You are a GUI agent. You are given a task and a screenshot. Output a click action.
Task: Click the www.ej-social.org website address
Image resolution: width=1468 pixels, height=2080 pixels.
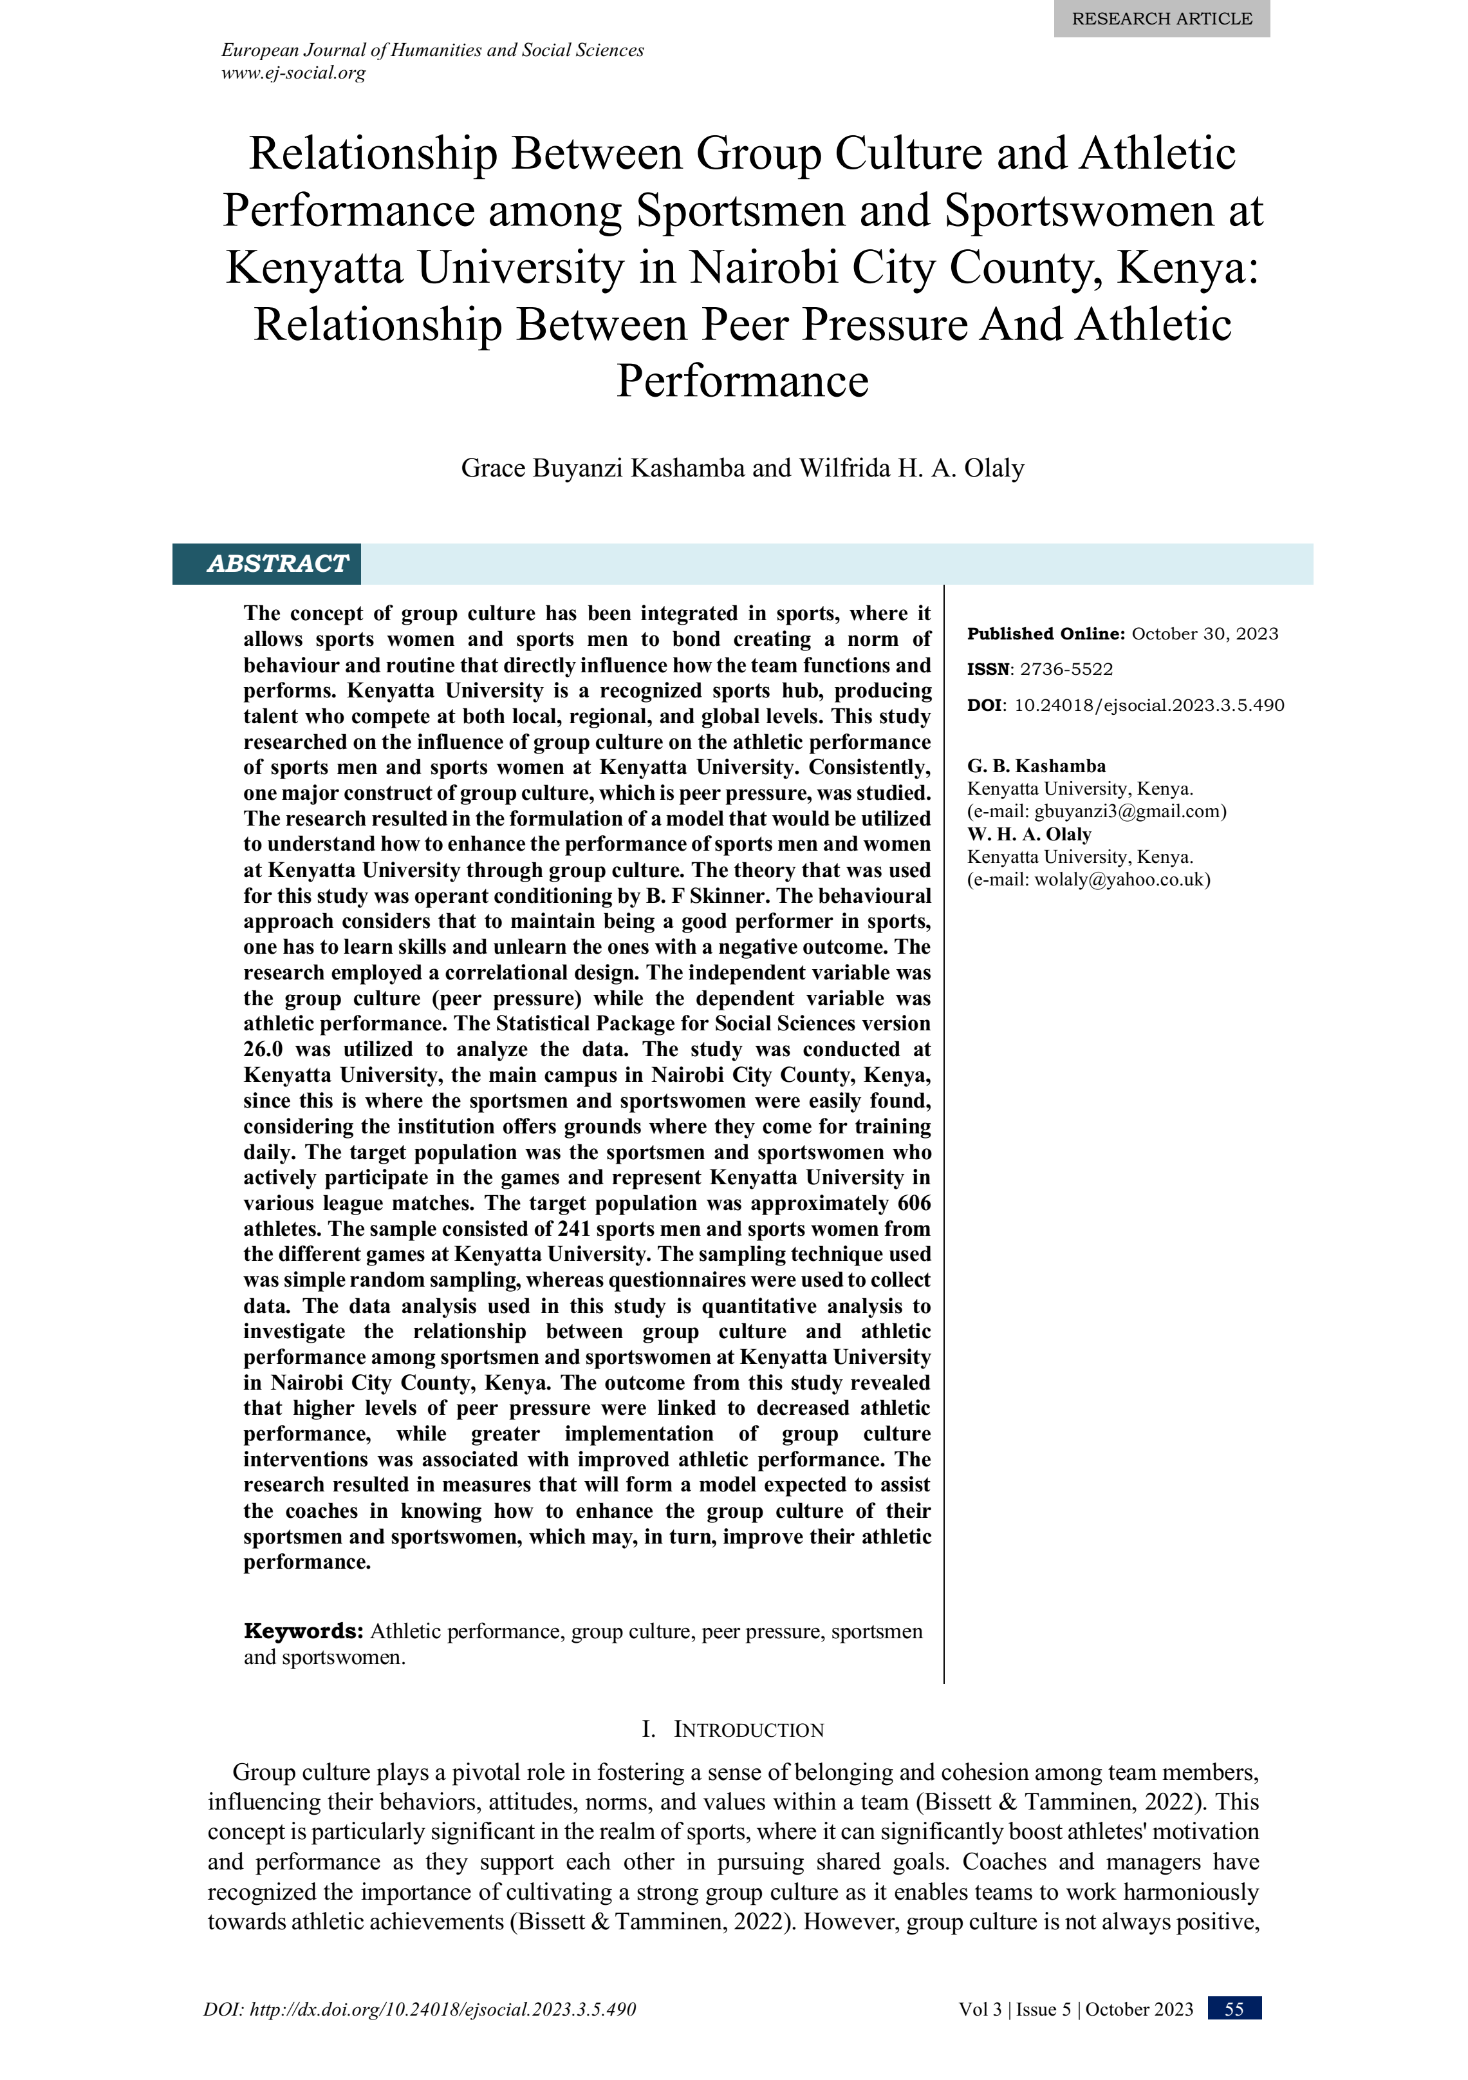click(x=293, y=73)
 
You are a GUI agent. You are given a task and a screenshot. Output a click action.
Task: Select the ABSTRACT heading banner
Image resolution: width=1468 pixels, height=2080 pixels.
click(x=277, y=563)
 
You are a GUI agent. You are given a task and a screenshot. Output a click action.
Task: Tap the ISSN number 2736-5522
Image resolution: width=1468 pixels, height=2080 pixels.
click(x=1066, y=670)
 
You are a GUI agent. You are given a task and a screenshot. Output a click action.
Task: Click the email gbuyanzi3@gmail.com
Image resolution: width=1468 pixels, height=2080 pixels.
click(x=1129, y=811)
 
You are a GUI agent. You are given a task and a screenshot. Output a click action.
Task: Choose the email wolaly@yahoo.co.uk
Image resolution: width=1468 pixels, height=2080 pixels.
click(x=1121, y=879)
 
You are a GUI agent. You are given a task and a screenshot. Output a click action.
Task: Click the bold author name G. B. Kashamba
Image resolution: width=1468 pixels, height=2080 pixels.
click(x=1036, y=766)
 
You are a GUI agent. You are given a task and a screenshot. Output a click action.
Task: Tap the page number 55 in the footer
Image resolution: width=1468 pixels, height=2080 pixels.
click(x=1234, y=2009)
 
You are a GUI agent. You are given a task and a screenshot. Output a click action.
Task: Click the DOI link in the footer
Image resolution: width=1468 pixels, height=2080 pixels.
click(x=420, y=2009)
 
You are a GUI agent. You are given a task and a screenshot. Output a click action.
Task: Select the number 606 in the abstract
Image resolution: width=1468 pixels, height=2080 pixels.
click(x=914, y=1203)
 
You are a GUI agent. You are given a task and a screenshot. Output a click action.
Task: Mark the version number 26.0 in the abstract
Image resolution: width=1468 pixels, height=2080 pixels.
click(x=263, y=1049)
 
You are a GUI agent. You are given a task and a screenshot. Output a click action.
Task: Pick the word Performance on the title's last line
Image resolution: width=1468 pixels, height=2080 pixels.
click(x=743, y=381)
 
